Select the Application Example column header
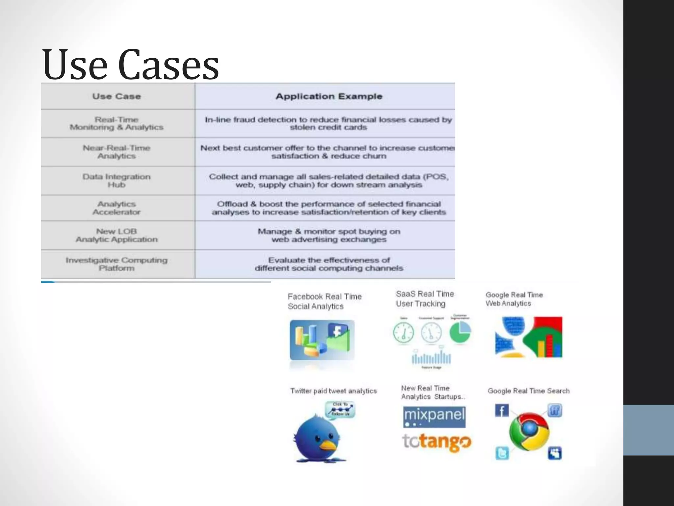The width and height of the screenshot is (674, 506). click(329, 97)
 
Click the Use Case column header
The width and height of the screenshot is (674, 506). click(117, 97)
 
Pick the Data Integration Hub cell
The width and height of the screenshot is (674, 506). click(117, 181)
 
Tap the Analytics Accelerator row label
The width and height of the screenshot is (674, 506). click(117, 208)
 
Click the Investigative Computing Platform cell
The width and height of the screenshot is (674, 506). click(117, 264)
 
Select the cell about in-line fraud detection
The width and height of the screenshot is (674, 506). click(328, 124)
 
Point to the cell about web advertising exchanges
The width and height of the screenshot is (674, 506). click(329, 235)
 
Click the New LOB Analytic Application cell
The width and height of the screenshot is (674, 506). click(117, 235)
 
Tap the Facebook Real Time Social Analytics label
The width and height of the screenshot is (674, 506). click(324, 301)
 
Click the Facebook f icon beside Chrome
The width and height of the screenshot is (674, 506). click(502, 410)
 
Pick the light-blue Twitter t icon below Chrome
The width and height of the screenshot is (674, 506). click(502, 453)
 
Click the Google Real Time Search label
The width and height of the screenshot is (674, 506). click(529, 391)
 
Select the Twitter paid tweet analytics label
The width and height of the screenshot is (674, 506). click(333, 391)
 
